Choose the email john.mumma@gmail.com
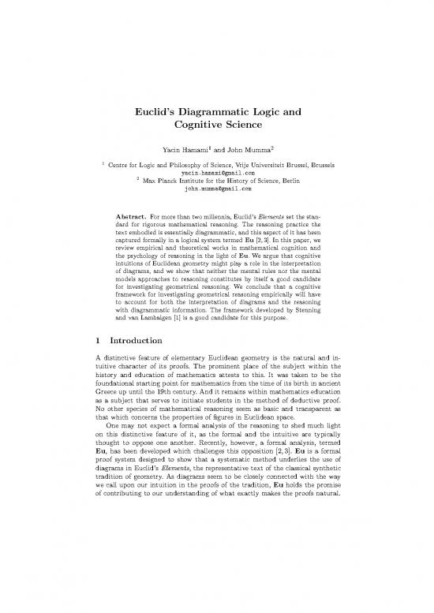(217, 189)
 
